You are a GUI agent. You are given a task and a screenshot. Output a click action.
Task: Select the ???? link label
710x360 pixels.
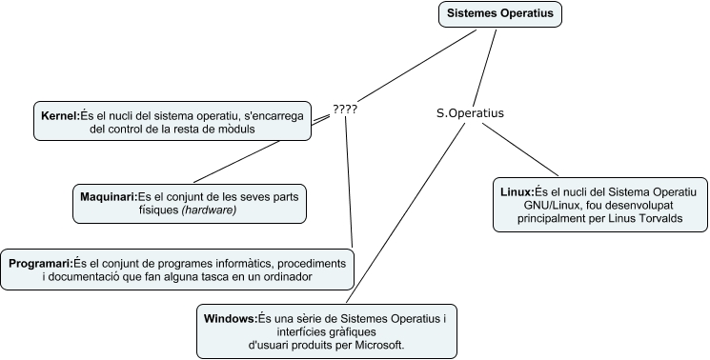344,109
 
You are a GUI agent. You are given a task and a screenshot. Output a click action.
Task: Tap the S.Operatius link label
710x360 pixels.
470,112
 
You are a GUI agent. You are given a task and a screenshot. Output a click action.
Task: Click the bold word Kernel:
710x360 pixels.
59,115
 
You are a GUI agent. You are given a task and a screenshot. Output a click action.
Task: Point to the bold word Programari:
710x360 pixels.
40,262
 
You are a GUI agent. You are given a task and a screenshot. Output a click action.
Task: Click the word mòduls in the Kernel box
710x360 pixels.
231,130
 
